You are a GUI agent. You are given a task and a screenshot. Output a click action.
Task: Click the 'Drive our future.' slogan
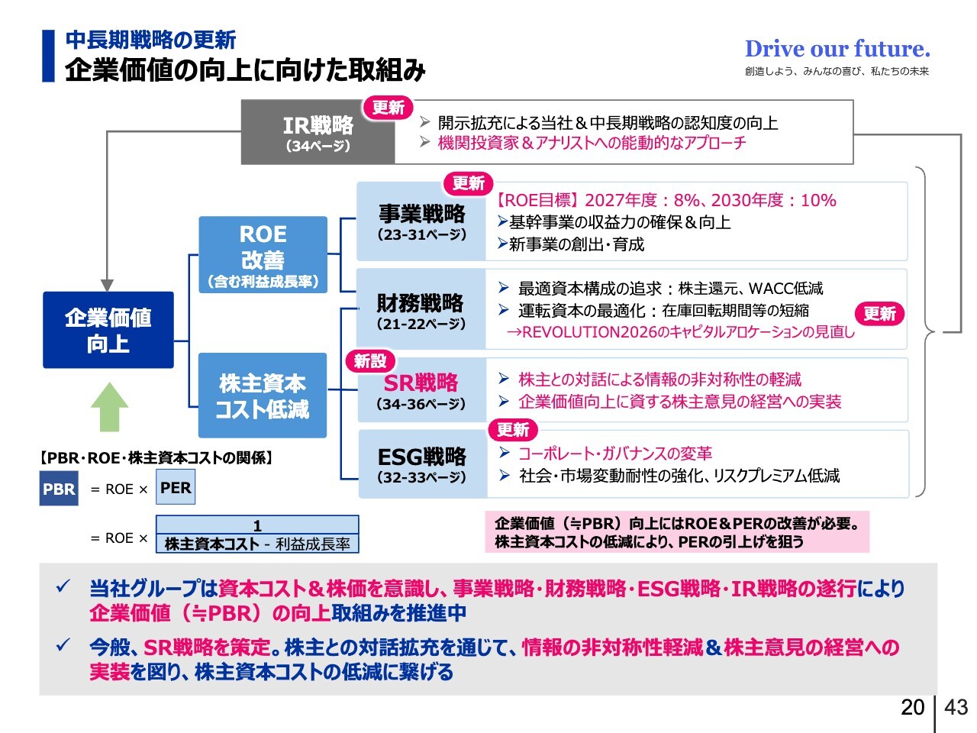pyautogui.click(x=837, y=49)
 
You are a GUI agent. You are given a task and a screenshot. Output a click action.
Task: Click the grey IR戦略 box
pyautogui.click(x=318, y=133)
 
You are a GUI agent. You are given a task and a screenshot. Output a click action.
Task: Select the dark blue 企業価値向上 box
pyautogui.click(x=108, y=330)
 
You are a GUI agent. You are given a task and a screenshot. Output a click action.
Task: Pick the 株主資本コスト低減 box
pyautogui.click(x=263, y=396)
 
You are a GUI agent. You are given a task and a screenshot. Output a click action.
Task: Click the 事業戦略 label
pyautogui.click(x=421, y=215)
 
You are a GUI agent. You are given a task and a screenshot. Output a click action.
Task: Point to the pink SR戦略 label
pyautogui.click(x=421, y=383)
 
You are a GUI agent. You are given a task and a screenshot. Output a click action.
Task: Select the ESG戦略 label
pyautogui.click(x=421, y=457)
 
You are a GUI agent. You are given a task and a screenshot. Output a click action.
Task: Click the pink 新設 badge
pyautogui.click(x=370, y=361)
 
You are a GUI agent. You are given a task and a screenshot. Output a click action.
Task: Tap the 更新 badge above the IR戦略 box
pyautogui.click(x=388, y=108)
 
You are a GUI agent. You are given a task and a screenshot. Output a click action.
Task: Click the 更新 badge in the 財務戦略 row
pyautogui.click(x=879, y=313)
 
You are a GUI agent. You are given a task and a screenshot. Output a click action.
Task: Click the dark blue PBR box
pyautogui.click(x=59, y=489)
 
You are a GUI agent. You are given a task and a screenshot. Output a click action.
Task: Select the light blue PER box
pyautogui.click(x=176, y=489)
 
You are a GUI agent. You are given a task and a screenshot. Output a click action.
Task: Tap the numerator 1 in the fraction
pyautogui.click(x=257, y=525)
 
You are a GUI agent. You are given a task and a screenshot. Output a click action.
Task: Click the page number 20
pyautogui.click(x=912, y=707)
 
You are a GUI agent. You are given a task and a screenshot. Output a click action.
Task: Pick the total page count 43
pyautogui.click(x=956, y=707)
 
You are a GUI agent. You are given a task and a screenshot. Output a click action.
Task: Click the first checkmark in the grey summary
pyautogui.click(x=63, y=587)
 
